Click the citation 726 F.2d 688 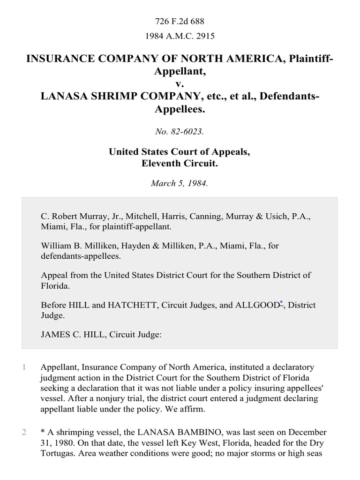click(180, 21)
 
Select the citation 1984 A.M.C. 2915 click(180, 35)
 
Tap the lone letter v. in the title click(180, 84)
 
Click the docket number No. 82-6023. click(180, 132)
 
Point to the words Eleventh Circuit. click(180, 164)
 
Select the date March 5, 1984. click(180, 183)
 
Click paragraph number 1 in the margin click(24, 367)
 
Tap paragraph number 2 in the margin click(24, 432)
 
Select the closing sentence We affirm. click(192, 408)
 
